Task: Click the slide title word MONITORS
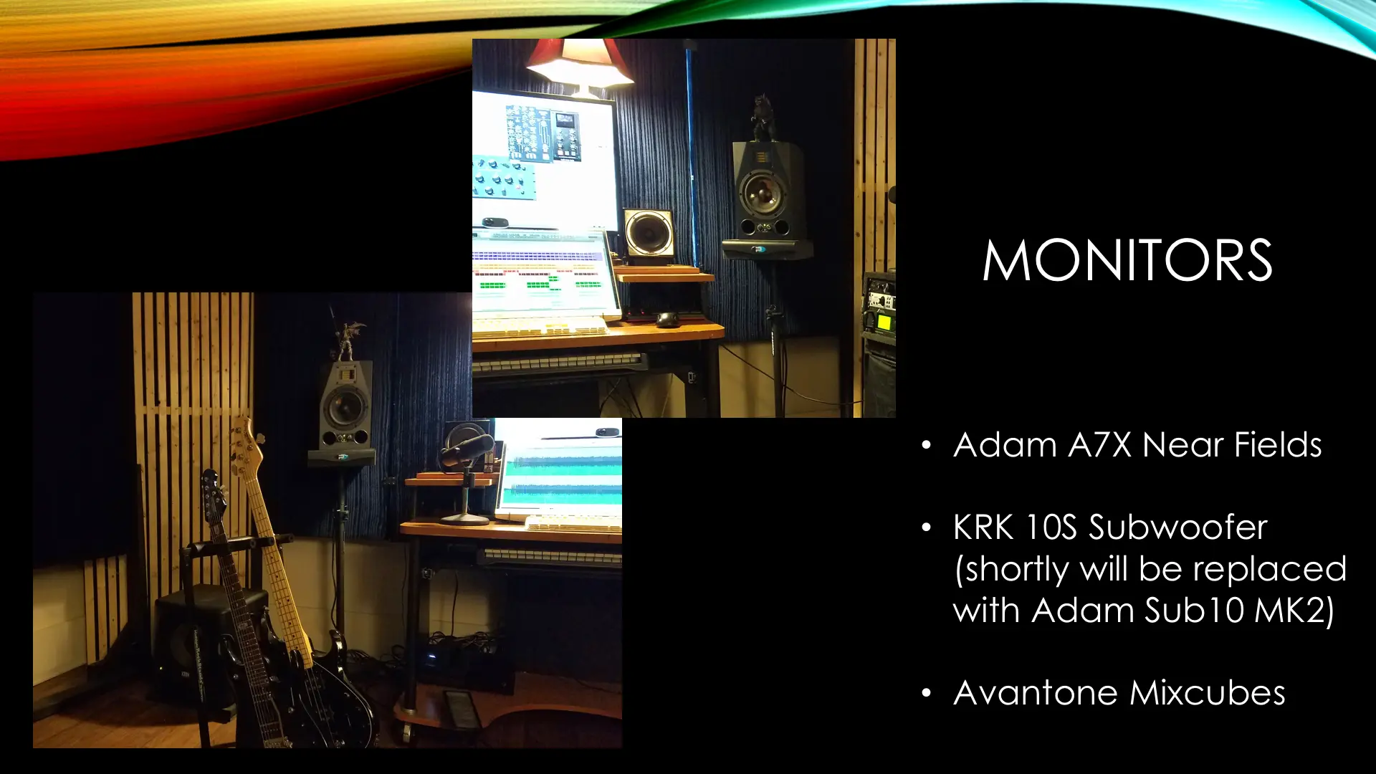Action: coord(1127,260)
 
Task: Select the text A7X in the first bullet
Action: coord(1100,445)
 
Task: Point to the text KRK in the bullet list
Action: coord(983,527)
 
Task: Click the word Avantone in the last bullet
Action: coord(1036,693)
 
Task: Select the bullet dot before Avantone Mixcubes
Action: coord(927,693)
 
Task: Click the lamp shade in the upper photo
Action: coord(579,60)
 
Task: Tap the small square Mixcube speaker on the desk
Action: coord(649,233)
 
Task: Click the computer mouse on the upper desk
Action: coord(668,320)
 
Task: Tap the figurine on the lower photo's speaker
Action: coord(346,337)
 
